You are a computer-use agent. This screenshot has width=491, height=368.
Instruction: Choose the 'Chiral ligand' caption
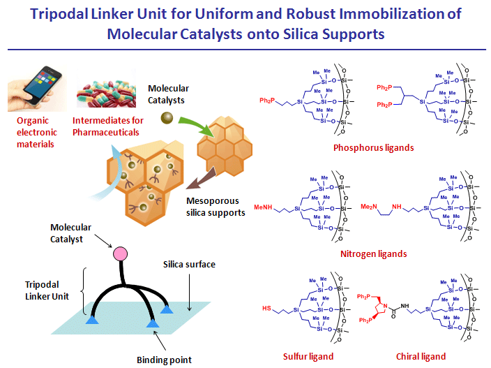(x=421, y=356)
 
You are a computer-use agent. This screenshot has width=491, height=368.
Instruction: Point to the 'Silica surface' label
(x=188, y=264)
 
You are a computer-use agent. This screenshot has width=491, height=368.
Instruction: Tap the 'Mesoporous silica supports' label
(x=216, y=207)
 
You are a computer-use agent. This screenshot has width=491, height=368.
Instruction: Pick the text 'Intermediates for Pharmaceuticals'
(x=108, y=126)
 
